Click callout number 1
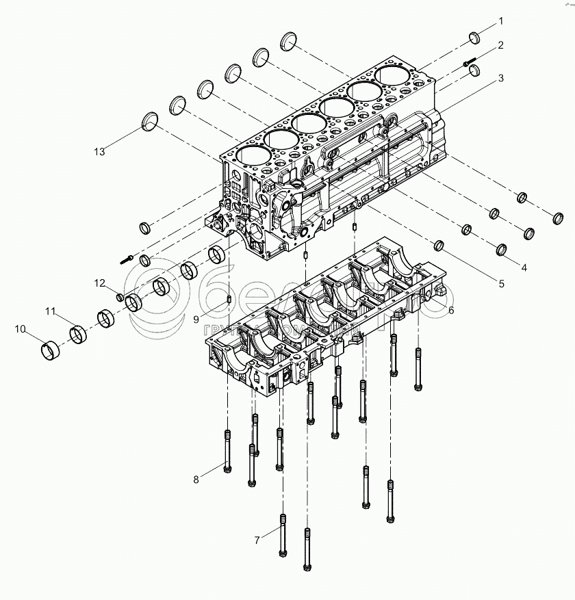point(500,22)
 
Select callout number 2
point(500,46)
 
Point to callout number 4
point(524,268)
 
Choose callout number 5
point(500,283)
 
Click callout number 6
point(451,310)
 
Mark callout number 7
point(257,540)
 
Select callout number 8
point(196,480)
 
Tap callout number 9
point(196,319)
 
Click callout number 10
point(21,330)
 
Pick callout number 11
point(50,312)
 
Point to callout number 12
point(99,283)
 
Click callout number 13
point(99,151)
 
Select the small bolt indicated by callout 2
point(470,62)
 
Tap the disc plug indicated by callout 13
point(150,122)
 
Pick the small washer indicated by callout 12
point(120,296)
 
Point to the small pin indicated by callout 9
point(227,298)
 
